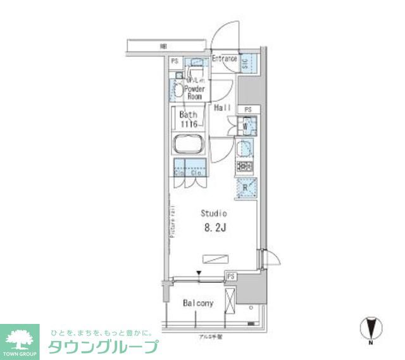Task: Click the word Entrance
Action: [224, 59]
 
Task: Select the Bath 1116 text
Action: [187, 119]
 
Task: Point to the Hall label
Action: [221, 108]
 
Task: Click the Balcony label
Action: [199, 304]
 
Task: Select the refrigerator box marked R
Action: [246, 187]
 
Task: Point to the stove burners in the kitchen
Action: [246, 168]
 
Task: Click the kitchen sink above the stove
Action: [246, 149]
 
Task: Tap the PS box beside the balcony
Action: [231, 276]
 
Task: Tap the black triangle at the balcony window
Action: [199, 273]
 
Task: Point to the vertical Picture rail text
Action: [171, 221]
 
